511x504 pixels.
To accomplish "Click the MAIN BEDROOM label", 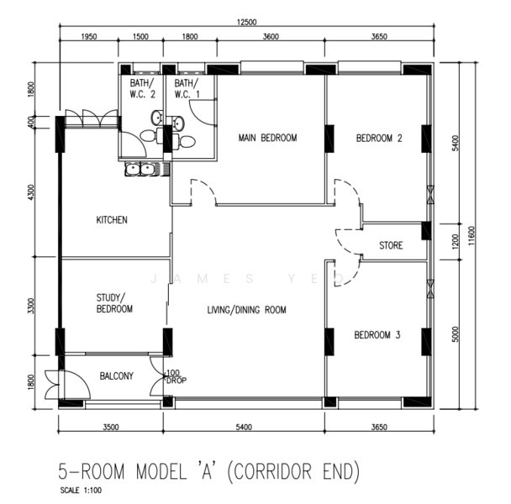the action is click(267, 138).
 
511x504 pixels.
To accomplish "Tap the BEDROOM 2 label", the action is click(379, 138).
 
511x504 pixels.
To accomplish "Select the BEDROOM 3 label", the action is click(377, 335).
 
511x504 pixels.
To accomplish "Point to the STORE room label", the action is click(391, 245).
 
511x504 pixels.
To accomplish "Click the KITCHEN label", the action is click(112, 220).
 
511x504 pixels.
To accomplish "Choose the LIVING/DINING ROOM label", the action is click(247, 309).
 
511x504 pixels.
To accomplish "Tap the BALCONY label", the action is click(116, 376).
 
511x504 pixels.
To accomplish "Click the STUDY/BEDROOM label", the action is click(114, 303).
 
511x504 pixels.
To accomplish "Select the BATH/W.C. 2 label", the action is click(142, 88).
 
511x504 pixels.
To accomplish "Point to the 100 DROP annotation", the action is click(176, 376).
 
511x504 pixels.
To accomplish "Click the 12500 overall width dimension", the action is click(247, 22).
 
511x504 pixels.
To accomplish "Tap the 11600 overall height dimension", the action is click(471, 236).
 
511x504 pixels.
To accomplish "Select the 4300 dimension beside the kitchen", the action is click(30, 192).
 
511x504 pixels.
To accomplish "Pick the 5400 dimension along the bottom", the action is click(244, 427).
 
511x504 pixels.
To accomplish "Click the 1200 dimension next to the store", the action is click(456, 241).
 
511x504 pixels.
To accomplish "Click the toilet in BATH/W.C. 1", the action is click(186, 141).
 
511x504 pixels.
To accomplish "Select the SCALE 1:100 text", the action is click(81, 490).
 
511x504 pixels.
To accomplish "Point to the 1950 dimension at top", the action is click(88, 36).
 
